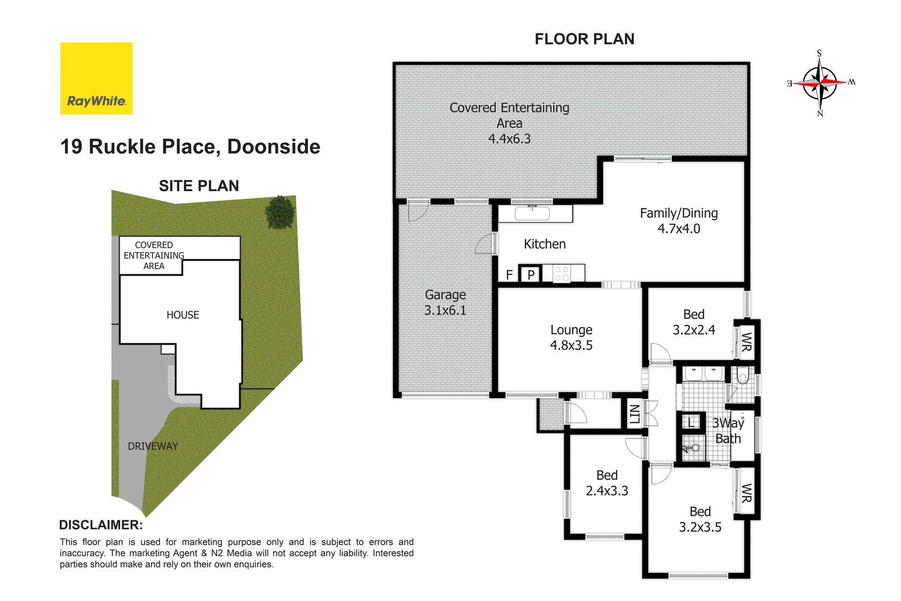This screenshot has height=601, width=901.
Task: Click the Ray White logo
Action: (x=96, y=78)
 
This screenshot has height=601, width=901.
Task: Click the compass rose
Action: (x=820, y=83)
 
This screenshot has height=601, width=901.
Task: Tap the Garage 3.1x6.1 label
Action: (x=445, y=302)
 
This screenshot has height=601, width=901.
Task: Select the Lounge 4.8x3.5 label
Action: (x=571, y=338)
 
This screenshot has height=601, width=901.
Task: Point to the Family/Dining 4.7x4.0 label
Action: (x=679, y=221)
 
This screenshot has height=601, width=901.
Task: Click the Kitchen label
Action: (x=545, y=244)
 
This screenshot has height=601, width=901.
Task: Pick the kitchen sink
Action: (x=532, y=214)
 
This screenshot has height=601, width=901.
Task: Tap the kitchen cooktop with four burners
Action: (x=562, y=274)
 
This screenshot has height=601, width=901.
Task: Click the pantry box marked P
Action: (x=531, y=274)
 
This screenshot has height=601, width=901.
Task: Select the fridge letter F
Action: (x=509, y=275)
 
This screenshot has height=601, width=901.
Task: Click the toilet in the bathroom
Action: (x=742, y=376)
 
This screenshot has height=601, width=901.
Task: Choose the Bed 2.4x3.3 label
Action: (x=607, y=483)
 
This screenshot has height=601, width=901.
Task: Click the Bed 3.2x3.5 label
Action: (x=700, y=519)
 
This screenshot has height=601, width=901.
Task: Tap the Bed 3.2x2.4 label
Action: (x=694, y=322)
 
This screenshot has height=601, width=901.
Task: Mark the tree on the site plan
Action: (x=281, y=212)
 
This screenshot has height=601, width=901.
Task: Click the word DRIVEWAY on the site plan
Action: (x=153, y=446)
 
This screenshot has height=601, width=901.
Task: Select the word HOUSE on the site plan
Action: (x=183, y=315)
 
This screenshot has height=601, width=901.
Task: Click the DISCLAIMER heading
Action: (x=101, y=525)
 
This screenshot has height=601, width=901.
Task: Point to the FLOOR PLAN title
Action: (x=585, y=39)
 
